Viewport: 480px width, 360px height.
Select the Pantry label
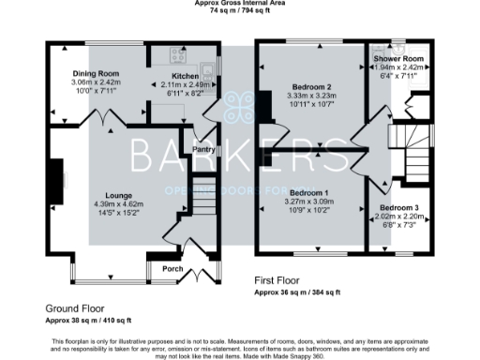coord(204,149)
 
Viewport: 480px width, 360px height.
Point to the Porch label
coord(172,269)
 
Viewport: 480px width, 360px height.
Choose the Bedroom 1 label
coord(307,191)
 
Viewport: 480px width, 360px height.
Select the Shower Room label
coord(393,59)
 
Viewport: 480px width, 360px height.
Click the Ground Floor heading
coord(75,307)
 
